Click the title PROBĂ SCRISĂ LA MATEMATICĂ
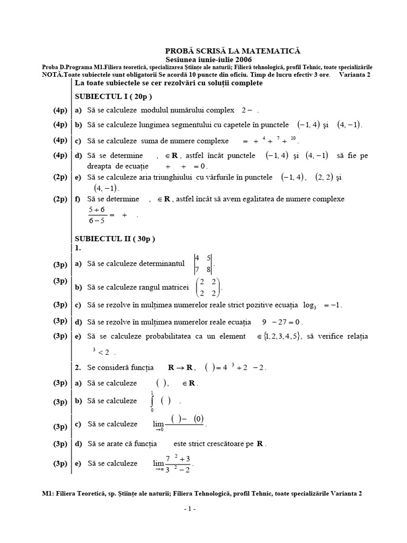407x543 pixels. point(233,50)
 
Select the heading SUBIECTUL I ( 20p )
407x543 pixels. point(113,96)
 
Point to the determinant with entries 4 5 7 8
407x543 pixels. point(203,263)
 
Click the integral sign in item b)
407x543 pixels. point(153,401)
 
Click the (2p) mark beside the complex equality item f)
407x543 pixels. point(60,199)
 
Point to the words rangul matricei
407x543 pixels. point(162,287)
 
